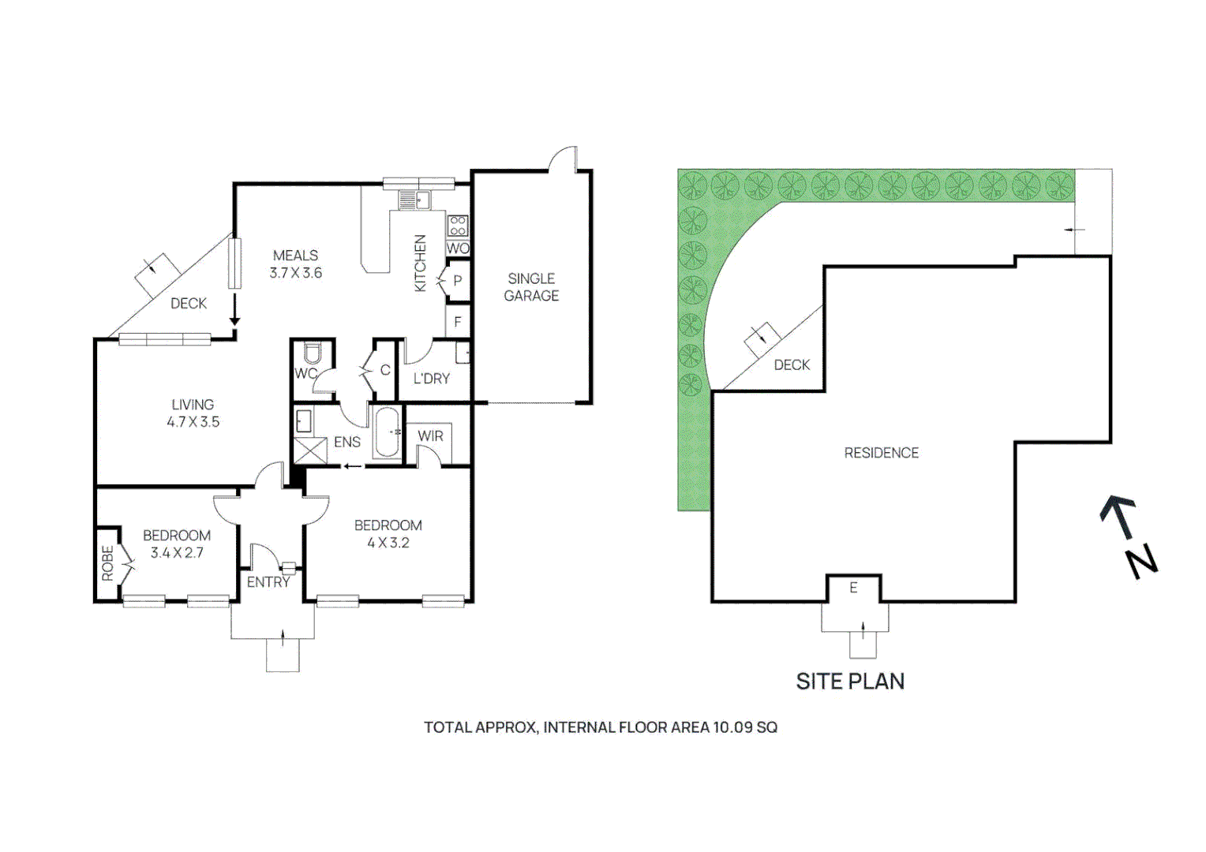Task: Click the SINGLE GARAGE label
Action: click(531, 287)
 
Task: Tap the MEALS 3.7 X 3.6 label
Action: click(295, 264)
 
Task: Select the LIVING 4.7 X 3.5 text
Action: click(193, 413)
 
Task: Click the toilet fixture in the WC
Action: click(312, 354)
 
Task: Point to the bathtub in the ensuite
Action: click(387, 432)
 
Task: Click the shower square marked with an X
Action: click(309, 450)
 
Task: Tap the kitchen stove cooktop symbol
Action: click(457, 226)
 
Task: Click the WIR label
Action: click(430, 436)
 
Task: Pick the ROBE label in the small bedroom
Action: click(107, 563)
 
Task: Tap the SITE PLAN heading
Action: click(850, 682)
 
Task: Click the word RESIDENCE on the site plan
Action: click(881, 453)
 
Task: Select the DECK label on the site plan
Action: click(792, 365)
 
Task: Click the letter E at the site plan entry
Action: click(853, 588)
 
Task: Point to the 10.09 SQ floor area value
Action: click(745, 727)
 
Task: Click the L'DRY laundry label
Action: click(432, 379)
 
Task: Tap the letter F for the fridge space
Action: click(457, 322)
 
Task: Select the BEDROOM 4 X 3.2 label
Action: click(388, 534)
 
